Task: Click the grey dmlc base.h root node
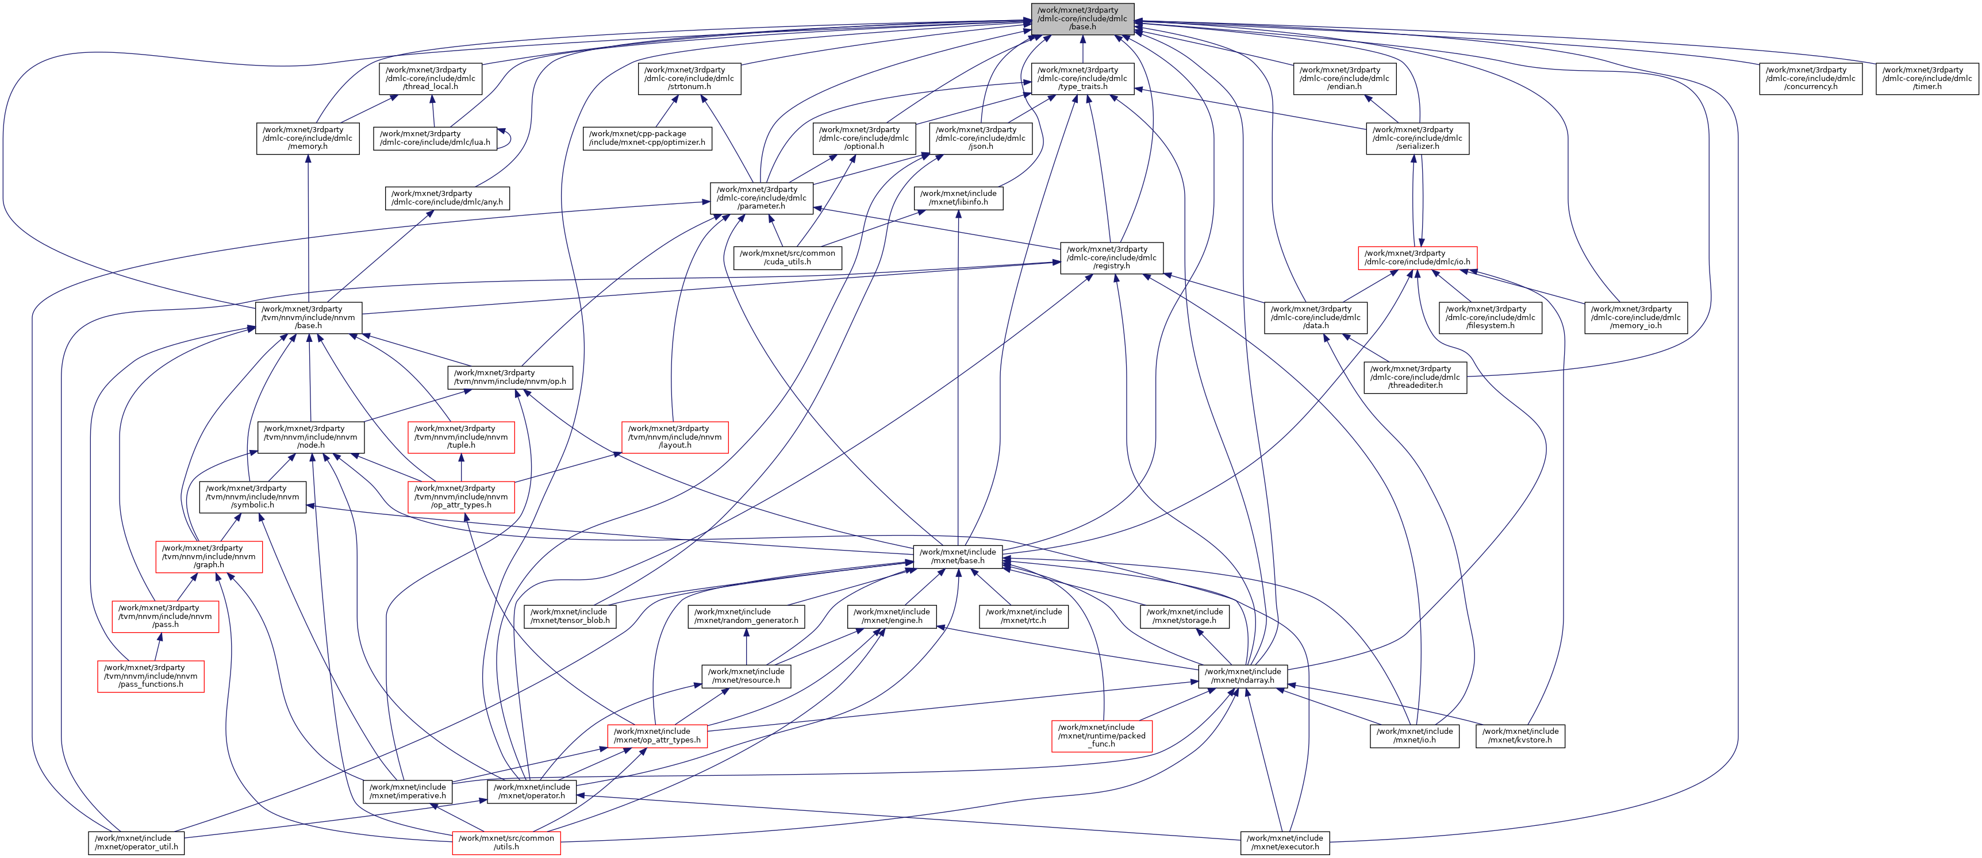[1082, 18]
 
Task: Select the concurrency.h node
[1811, 79]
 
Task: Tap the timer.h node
[1927, 79]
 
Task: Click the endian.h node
[1344, 79]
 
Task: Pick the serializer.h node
[1418, 138]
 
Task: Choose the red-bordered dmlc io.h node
[1418, 258]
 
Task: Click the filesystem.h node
[1491, 318]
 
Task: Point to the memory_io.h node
[1636, 318]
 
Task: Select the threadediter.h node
[1415, 377]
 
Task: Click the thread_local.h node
[431, 79]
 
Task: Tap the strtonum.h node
[689, 79]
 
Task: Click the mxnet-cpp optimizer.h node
[647, 138]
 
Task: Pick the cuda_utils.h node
[787, 258]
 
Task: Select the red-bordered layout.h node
[675, 437]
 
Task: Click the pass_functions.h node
[151, 676]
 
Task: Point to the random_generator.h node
[746, 617]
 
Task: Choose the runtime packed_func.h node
[1102, 736]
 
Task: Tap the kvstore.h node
[1520, 736]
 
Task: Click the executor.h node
[1285, 842]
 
